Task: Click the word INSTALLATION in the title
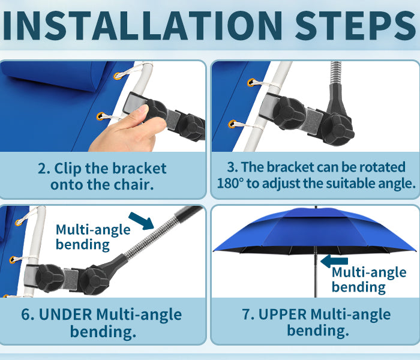point(143,26)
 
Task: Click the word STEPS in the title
point(356,26)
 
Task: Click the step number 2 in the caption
point(43,169)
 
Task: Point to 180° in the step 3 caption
point(230,184)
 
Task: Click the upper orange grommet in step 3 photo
point(251,83)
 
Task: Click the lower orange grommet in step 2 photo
point(101,116)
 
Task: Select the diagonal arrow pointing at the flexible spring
point(141,221)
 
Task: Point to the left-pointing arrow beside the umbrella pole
point(334,261)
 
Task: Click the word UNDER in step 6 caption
point(65,314)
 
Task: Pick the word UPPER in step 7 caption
point(283,314)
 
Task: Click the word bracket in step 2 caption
point(139,169)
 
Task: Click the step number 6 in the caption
point(26,314)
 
